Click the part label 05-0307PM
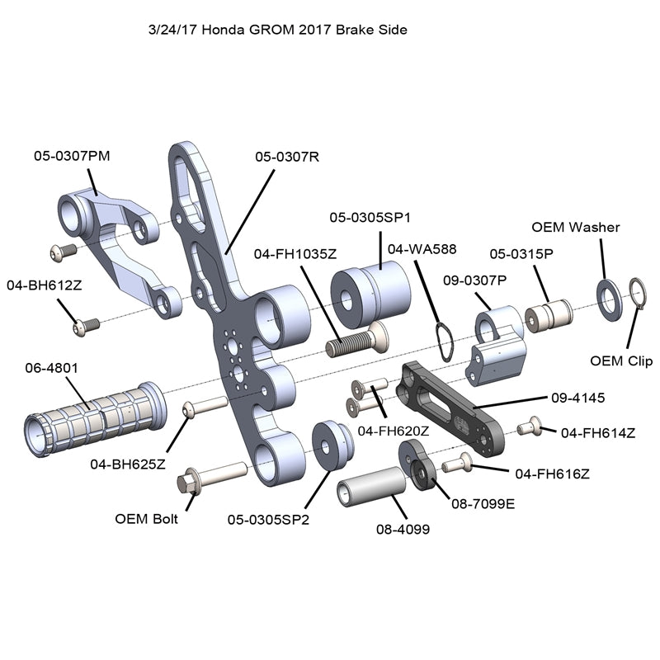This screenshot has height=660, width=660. (x=71, y=154)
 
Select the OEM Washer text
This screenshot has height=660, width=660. (x=575, y=227)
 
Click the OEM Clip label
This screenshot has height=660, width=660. (x=621, y=361)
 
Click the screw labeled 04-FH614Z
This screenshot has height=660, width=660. (x=532, y=427)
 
